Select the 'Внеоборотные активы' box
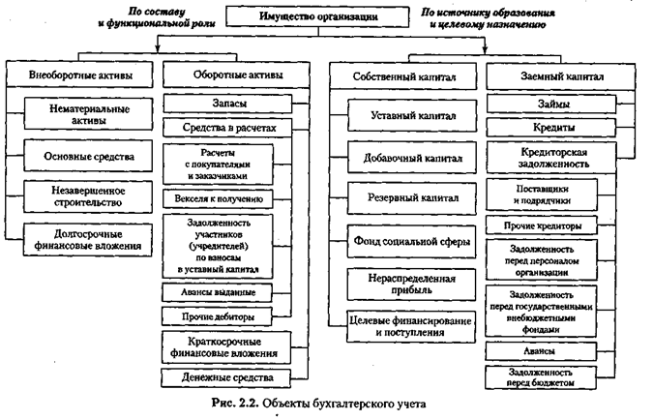(81, 74)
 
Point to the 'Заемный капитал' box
(554, 74)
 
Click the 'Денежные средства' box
(226, 375)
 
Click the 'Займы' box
(554, 102)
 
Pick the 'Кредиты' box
(554, 127)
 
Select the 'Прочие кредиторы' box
(554, 225)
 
